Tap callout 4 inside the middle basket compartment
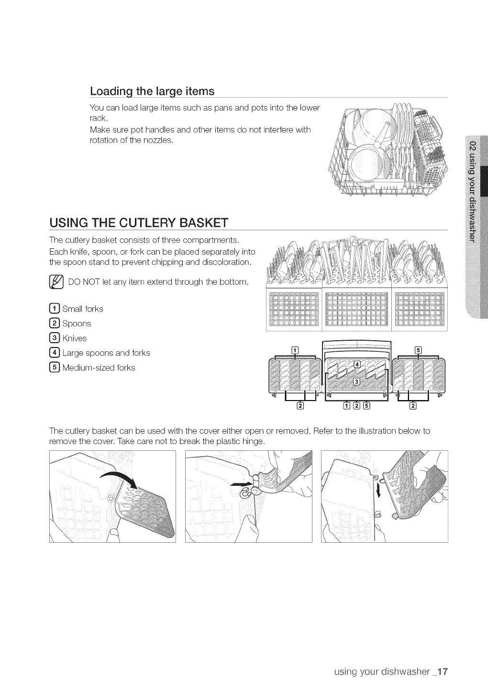click(x=356, y=366)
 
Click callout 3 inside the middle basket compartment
click(x=356, y=381)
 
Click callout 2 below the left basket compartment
click(x=300, y=407)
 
